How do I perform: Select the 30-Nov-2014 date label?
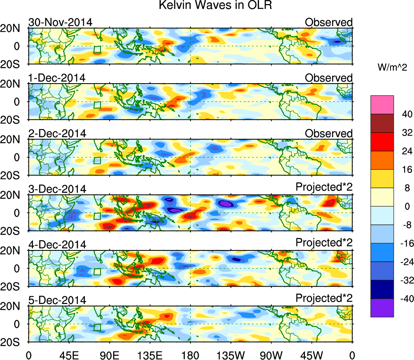coord(60,22)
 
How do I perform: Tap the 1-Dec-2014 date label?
coord(57,78)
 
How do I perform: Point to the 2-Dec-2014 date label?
coord(57,134)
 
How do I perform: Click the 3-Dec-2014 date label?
coord(57,189)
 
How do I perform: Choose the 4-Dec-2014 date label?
coord(57,245)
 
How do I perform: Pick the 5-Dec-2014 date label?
coord(57,300)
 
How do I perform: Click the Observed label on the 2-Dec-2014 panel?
coord(329,134)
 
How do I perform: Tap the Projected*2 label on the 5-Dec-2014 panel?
coord(324,298)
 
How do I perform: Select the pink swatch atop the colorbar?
coord(382,105)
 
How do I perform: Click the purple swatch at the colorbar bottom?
coord(382,308)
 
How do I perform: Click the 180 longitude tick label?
coord(190,355)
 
